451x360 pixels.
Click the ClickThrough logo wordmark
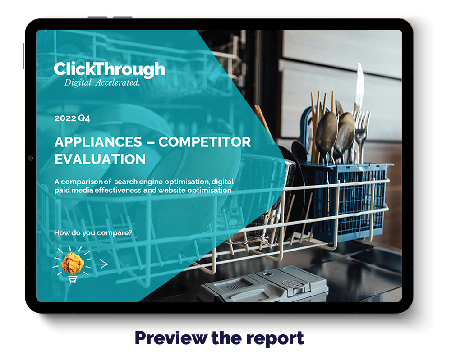coord(109,69)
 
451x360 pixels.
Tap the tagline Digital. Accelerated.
coord(102,83)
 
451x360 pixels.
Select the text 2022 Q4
coord(72,118)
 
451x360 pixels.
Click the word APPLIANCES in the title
coord(98,142)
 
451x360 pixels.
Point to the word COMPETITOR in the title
coord(204,142)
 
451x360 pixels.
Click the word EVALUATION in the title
coord(100,159)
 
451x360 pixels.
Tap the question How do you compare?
coord(93,233)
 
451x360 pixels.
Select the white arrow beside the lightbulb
coord(101,264)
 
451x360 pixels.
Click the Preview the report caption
coord(219,338)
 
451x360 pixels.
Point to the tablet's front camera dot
coord(31,158)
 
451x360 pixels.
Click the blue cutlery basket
coord(345,198)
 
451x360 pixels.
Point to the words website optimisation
coord(195,190)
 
